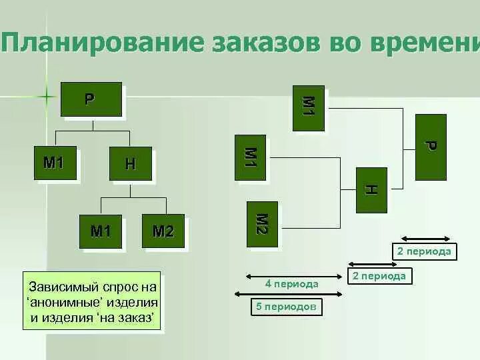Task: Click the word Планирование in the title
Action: [103, 42]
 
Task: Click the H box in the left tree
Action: [130, 163]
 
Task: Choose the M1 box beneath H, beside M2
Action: [101, 231]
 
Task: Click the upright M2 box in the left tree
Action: [163, 231]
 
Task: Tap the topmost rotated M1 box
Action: [309, 107]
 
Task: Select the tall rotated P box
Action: [430, 147]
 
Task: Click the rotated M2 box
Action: [262, 224]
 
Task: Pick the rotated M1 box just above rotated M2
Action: [250, 158]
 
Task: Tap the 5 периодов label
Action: [286, 307]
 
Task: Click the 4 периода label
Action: [291, 284]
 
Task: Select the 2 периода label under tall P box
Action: [424, 251]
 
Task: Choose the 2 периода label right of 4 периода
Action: [379, 276]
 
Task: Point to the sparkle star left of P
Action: [47, 96]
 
